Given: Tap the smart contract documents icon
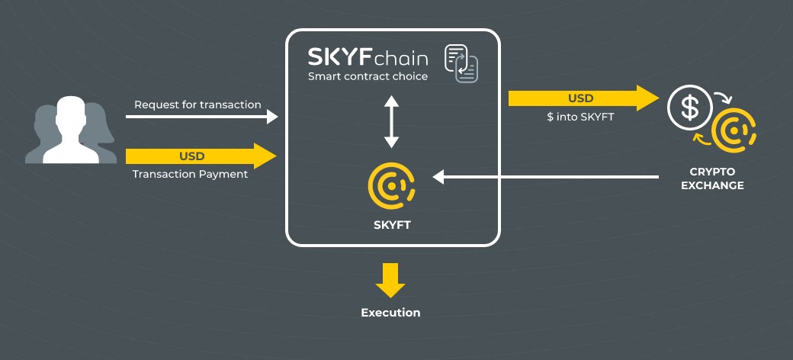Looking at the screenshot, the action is coord(461,63).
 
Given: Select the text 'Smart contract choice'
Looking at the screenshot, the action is coord(368,77).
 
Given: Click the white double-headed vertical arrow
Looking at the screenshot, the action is coord(391,121).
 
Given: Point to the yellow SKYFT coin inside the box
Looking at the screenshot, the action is coord(391,185).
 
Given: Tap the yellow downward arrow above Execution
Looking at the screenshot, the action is coord(390,280).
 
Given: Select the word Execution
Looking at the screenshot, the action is coord(390,313).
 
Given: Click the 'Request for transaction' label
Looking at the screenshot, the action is coord(197,104).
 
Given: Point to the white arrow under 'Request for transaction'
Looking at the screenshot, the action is coord(202,117).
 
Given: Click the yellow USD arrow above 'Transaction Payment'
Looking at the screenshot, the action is coord(201,156).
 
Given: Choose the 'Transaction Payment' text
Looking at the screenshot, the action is coord(190,175).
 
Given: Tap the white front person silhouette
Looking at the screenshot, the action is coord(71,130).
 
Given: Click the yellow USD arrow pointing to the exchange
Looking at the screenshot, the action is coord(583,98).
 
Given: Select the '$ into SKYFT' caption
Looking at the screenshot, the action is coord(580,117).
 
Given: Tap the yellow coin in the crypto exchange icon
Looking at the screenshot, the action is coord(734,130).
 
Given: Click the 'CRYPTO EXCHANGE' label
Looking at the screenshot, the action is coord(712,179).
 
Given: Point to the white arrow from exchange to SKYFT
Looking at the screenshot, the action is coord(546,177).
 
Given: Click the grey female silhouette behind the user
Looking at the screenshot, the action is coord(101,133).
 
